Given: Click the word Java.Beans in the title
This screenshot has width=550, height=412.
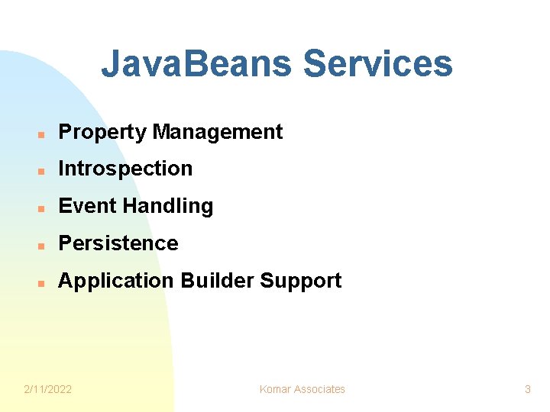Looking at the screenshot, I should click(197, 64).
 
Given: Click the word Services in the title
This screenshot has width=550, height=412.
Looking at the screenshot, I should click(377, 64).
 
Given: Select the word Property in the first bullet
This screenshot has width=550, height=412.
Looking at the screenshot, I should click(102, 133).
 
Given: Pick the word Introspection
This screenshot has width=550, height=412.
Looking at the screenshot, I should click(125, 169).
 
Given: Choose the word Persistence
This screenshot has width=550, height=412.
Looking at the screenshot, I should click(118, 243).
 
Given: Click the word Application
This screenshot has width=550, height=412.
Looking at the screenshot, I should click(116, 282).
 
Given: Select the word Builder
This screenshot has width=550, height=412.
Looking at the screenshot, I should click(217, 281).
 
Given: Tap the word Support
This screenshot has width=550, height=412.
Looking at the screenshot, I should click(301, 282).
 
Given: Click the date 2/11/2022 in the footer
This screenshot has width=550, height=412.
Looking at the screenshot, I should click(48, 389).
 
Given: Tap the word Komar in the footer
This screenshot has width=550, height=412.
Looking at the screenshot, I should click(275, 389).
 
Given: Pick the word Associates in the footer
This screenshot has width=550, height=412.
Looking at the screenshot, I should click(319, 389).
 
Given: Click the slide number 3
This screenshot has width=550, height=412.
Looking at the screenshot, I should click(527, 389).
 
